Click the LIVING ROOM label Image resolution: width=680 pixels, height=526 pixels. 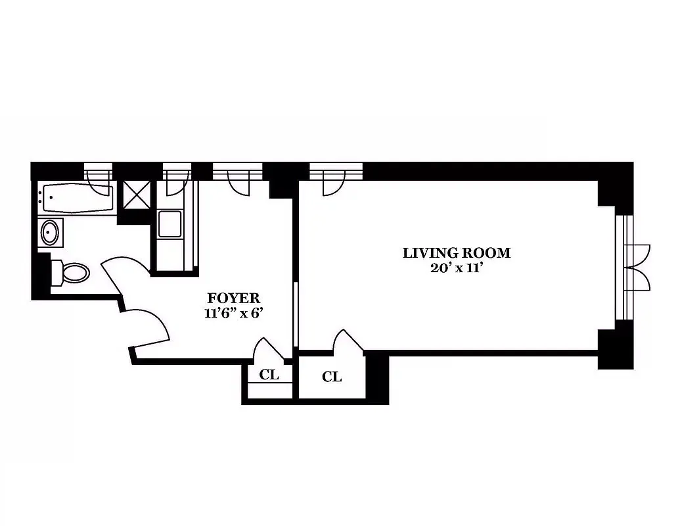click(456, 252)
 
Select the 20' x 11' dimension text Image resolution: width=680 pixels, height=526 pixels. click(456, 268)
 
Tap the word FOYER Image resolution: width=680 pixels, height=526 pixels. click(233, 298)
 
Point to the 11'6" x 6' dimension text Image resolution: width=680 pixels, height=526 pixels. click(233, 313)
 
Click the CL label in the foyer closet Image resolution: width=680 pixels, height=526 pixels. click(269, 375)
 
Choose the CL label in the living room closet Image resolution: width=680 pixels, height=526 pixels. click(332, 377)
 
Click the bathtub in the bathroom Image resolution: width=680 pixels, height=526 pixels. click(77, 199)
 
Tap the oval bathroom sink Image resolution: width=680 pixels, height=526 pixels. click(50, 232)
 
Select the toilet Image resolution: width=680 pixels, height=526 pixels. click(72, 272)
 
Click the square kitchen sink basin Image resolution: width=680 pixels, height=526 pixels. click(170, 224)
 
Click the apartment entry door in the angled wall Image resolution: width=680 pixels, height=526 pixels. click(148, 327)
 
